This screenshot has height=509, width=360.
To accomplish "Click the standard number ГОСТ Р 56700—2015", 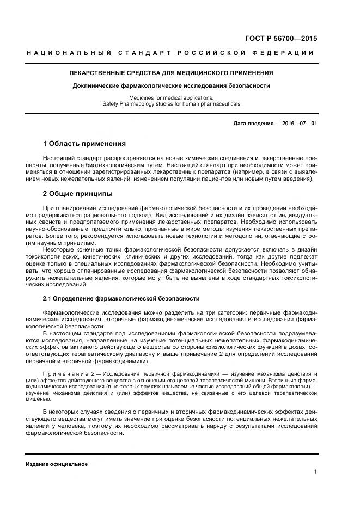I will tap(282, 39).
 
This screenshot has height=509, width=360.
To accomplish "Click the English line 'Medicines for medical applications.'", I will tap(172, 97).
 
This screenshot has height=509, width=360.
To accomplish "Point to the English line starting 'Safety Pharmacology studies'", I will tap(172, 103).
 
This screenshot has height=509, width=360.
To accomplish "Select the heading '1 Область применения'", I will tap(84, 144).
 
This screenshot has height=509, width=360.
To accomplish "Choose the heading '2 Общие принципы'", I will tap(78, 193).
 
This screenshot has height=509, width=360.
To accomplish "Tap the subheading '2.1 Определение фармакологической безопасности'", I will tap(121, 298).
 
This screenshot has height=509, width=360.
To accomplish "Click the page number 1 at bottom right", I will tap(315, 472).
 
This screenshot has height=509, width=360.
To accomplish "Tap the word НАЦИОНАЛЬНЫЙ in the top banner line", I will tap(69, 53).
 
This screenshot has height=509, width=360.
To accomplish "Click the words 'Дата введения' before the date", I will tap(253, 124).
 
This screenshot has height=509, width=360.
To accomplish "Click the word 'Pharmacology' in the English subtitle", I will tap(136, 103).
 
